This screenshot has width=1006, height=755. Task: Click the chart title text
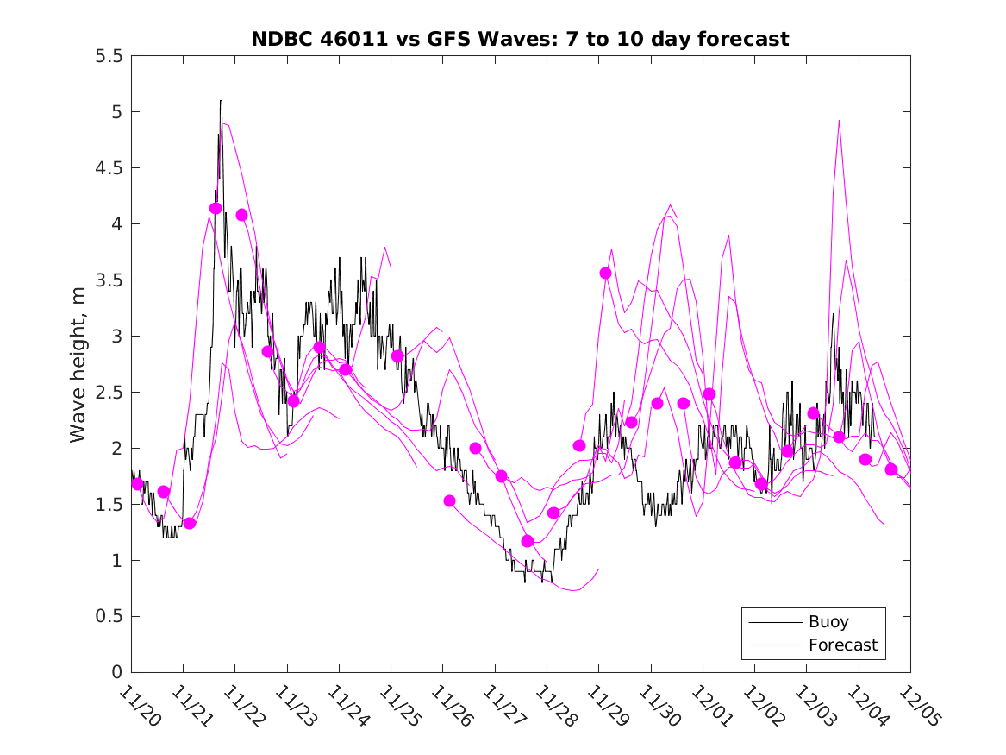pyautogui.click(x=520, y=39)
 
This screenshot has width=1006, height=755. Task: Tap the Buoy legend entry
pyautogui.click(x=828, y=621)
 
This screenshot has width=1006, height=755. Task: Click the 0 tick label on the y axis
pyautogui.click(x=116, y=672)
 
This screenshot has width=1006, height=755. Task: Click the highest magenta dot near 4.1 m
pyautogui.click(x=216, y=208)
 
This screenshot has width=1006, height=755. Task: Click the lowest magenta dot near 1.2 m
pyautogui.click(x=528, y=541)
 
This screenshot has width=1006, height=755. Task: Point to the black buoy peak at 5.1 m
pyautogui.click(x=221, y=102)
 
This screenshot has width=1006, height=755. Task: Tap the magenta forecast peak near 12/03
pyautogui.click(x=839, y=122)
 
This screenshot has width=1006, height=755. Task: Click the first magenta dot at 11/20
pyautogui.click(x=138, y=484)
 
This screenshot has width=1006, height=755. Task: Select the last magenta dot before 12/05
pyautogui.click(x=891, y=469)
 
